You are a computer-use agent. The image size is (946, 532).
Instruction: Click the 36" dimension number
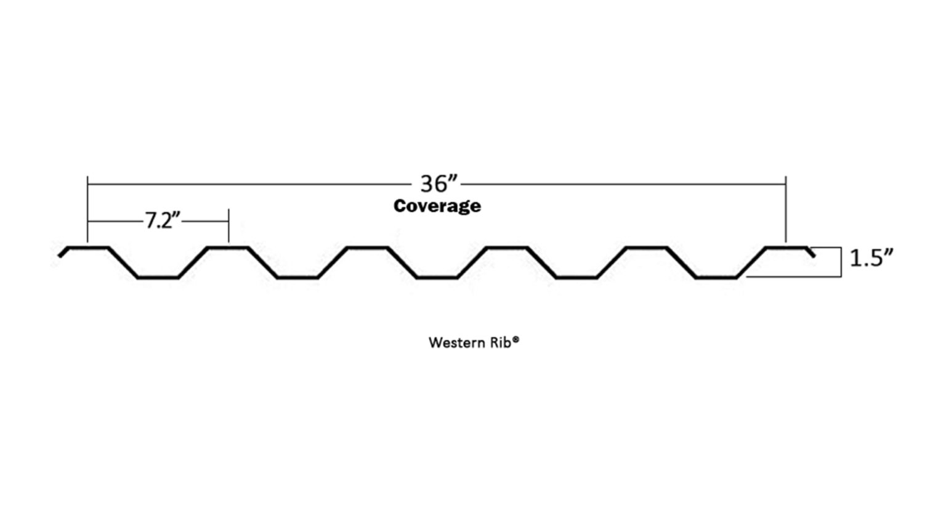tap(439, 183)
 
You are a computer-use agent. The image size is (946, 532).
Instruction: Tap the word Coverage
tap(437, 206)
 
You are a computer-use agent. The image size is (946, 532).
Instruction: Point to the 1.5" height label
tap(871, 259)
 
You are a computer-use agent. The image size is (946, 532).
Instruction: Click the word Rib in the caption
tap(500, 342)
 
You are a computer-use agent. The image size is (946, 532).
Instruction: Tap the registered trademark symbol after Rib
tap(515, 339)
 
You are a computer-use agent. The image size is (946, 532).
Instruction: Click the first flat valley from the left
tap(158, 278)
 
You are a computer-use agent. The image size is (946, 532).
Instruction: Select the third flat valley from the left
tap(437, 278)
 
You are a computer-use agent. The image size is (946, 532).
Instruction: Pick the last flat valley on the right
tap(716, 278)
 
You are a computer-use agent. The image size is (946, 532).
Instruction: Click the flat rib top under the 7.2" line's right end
tap(227, 248)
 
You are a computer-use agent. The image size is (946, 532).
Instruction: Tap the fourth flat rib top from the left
tap(506, 248)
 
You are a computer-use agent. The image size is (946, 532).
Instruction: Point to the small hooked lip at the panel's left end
tap(62, 252)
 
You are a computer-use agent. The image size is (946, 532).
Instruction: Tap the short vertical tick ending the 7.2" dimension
tap(228, 225)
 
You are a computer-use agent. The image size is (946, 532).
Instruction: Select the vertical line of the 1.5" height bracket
tap(841, 262)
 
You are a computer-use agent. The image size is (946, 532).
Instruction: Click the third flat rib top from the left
tap(367, 248)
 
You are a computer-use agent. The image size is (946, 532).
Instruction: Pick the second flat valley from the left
tap(297, 278)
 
